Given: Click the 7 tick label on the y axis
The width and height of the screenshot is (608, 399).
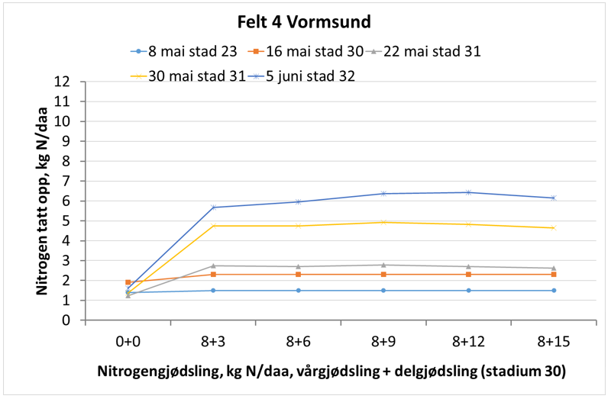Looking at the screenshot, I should pos(68,181).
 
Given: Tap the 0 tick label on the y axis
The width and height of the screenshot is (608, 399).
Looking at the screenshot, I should pos(68,320).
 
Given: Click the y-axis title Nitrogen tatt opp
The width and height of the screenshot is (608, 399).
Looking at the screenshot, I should pos(44,201).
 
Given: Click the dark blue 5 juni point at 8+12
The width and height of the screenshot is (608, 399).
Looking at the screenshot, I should pos(467,192).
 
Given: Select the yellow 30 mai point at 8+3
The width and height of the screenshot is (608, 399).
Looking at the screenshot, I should pos(213,226).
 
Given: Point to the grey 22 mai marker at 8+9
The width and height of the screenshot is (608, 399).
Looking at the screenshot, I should pos(383,265).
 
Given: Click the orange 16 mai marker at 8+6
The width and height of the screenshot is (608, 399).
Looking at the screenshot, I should pos(298,274).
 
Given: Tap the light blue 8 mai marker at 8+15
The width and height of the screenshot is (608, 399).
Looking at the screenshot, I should pos(553,291).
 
